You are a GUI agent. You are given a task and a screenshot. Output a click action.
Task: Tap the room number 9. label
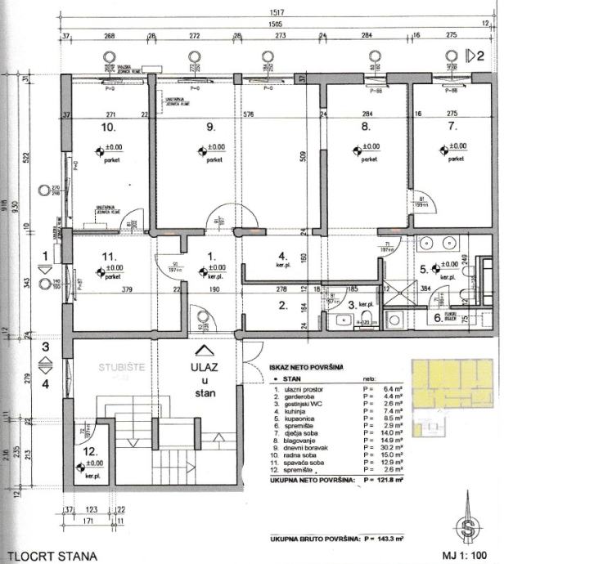click(x=211, y=128)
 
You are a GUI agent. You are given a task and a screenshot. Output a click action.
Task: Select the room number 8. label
click(x=366, y=128)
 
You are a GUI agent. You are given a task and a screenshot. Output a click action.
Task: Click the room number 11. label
click(x=107, y=256)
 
